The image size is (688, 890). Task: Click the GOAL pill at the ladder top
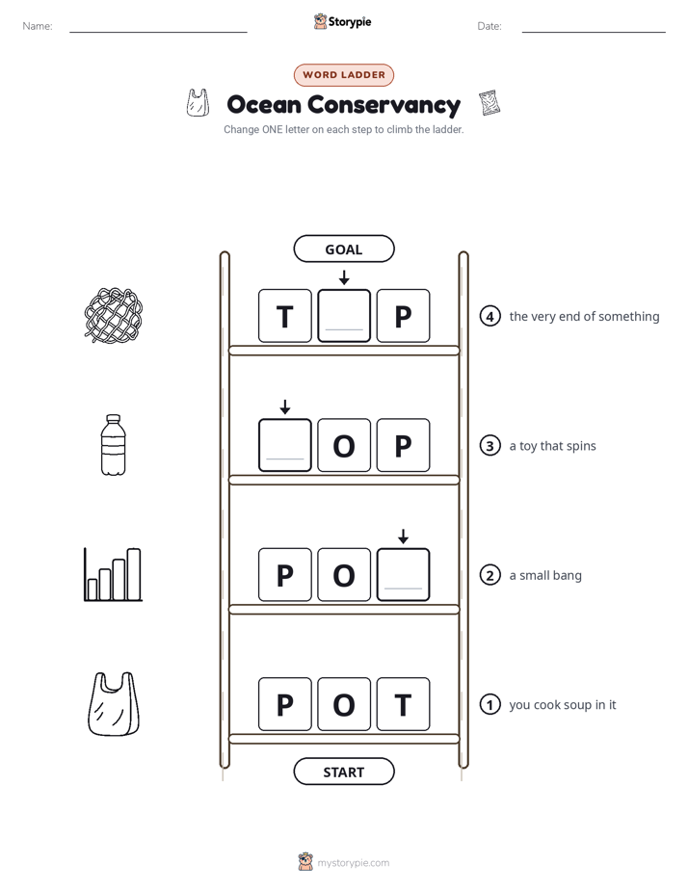click(x=343, y=249)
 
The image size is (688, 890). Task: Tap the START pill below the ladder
click(x=343, y=772)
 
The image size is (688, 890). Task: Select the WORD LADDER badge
click(x=343, y=75)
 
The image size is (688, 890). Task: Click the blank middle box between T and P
click(x=344, y=316)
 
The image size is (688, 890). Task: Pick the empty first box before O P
click(x=285, y=445)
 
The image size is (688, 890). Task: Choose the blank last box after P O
click(x=403, y=574)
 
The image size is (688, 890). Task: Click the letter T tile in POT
click(x=403, y=704)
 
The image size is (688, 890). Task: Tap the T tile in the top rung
click(x=285, y=316)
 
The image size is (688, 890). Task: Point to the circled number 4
click(x=490, y=316)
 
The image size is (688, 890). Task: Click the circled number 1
click(x=490, y=704)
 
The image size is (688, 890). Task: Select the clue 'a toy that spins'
click(x=552, y=446)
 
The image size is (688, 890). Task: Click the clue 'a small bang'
click(x=545, y=576)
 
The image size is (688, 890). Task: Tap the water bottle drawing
click(x=113, y=445)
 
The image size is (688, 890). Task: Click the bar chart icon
click(x=113, y=574)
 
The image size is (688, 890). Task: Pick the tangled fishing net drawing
click(x=113, y=316)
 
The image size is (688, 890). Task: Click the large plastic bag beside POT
click(x=113, y=704)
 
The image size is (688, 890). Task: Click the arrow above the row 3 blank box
click(x=285, y=406)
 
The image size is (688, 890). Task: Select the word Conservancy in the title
click(x=384, y=105)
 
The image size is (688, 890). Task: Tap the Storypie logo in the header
click(x=342, y=21)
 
